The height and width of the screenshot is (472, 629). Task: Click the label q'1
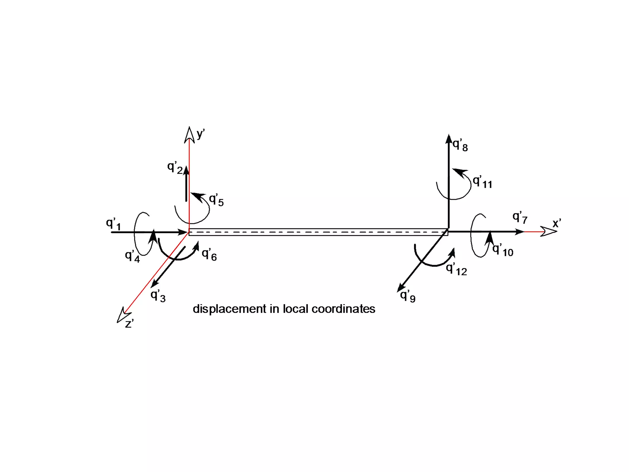113,224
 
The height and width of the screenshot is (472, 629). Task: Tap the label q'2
175,167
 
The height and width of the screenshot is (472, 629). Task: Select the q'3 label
158,296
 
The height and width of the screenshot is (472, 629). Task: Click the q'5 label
216,200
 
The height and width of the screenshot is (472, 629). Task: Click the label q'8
460,145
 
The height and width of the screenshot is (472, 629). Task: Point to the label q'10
503,250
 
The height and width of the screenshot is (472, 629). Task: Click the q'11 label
482,182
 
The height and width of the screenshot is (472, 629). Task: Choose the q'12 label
456,269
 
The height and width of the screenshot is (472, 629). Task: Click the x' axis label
557,223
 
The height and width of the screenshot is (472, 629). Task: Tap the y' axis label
201,134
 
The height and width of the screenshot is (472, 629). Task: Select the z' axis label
129,324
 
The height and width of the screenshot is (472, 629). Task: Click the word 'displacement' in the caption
229,309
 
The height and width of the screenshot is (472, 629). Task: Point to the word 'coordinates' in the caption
343,309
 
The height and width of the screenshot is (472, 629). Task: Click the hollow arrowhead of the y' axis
189,135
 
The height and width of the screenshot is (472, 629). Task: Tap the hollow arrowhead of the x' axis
549,231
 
